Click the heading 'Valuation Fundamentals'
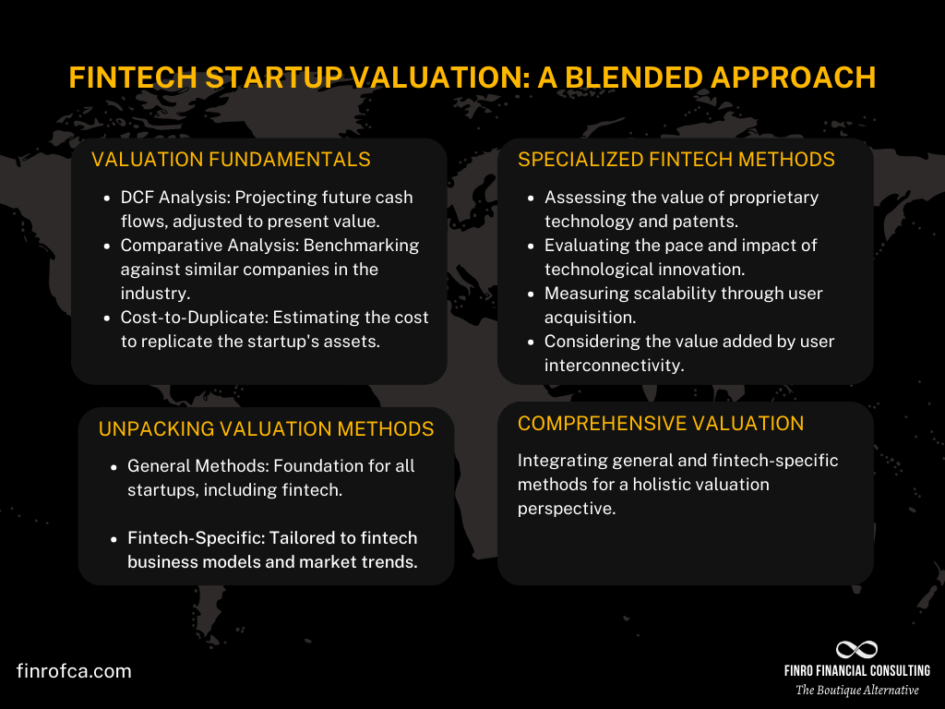click(x=231, y=160)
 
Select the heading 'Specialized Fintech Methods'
click(x=676, y=160)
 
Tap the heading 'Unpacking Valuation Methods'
click(x=266, y=428)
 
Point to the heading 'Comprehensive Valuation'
click(x=661, y=424)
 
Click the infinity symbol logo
click(x=856, y=650)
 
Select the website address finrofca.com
click(x=74, y=671)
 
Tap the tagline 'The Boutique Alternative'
click(x=857, y=691)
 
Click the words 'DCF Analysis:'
click(x=172, y=198)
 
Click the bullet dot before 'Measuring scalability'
click(x=531, y=294)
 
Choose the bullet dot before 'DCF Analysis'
click(x=106, y=198)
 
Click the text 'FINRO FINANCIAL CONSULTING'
click(x=857, y=671)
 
